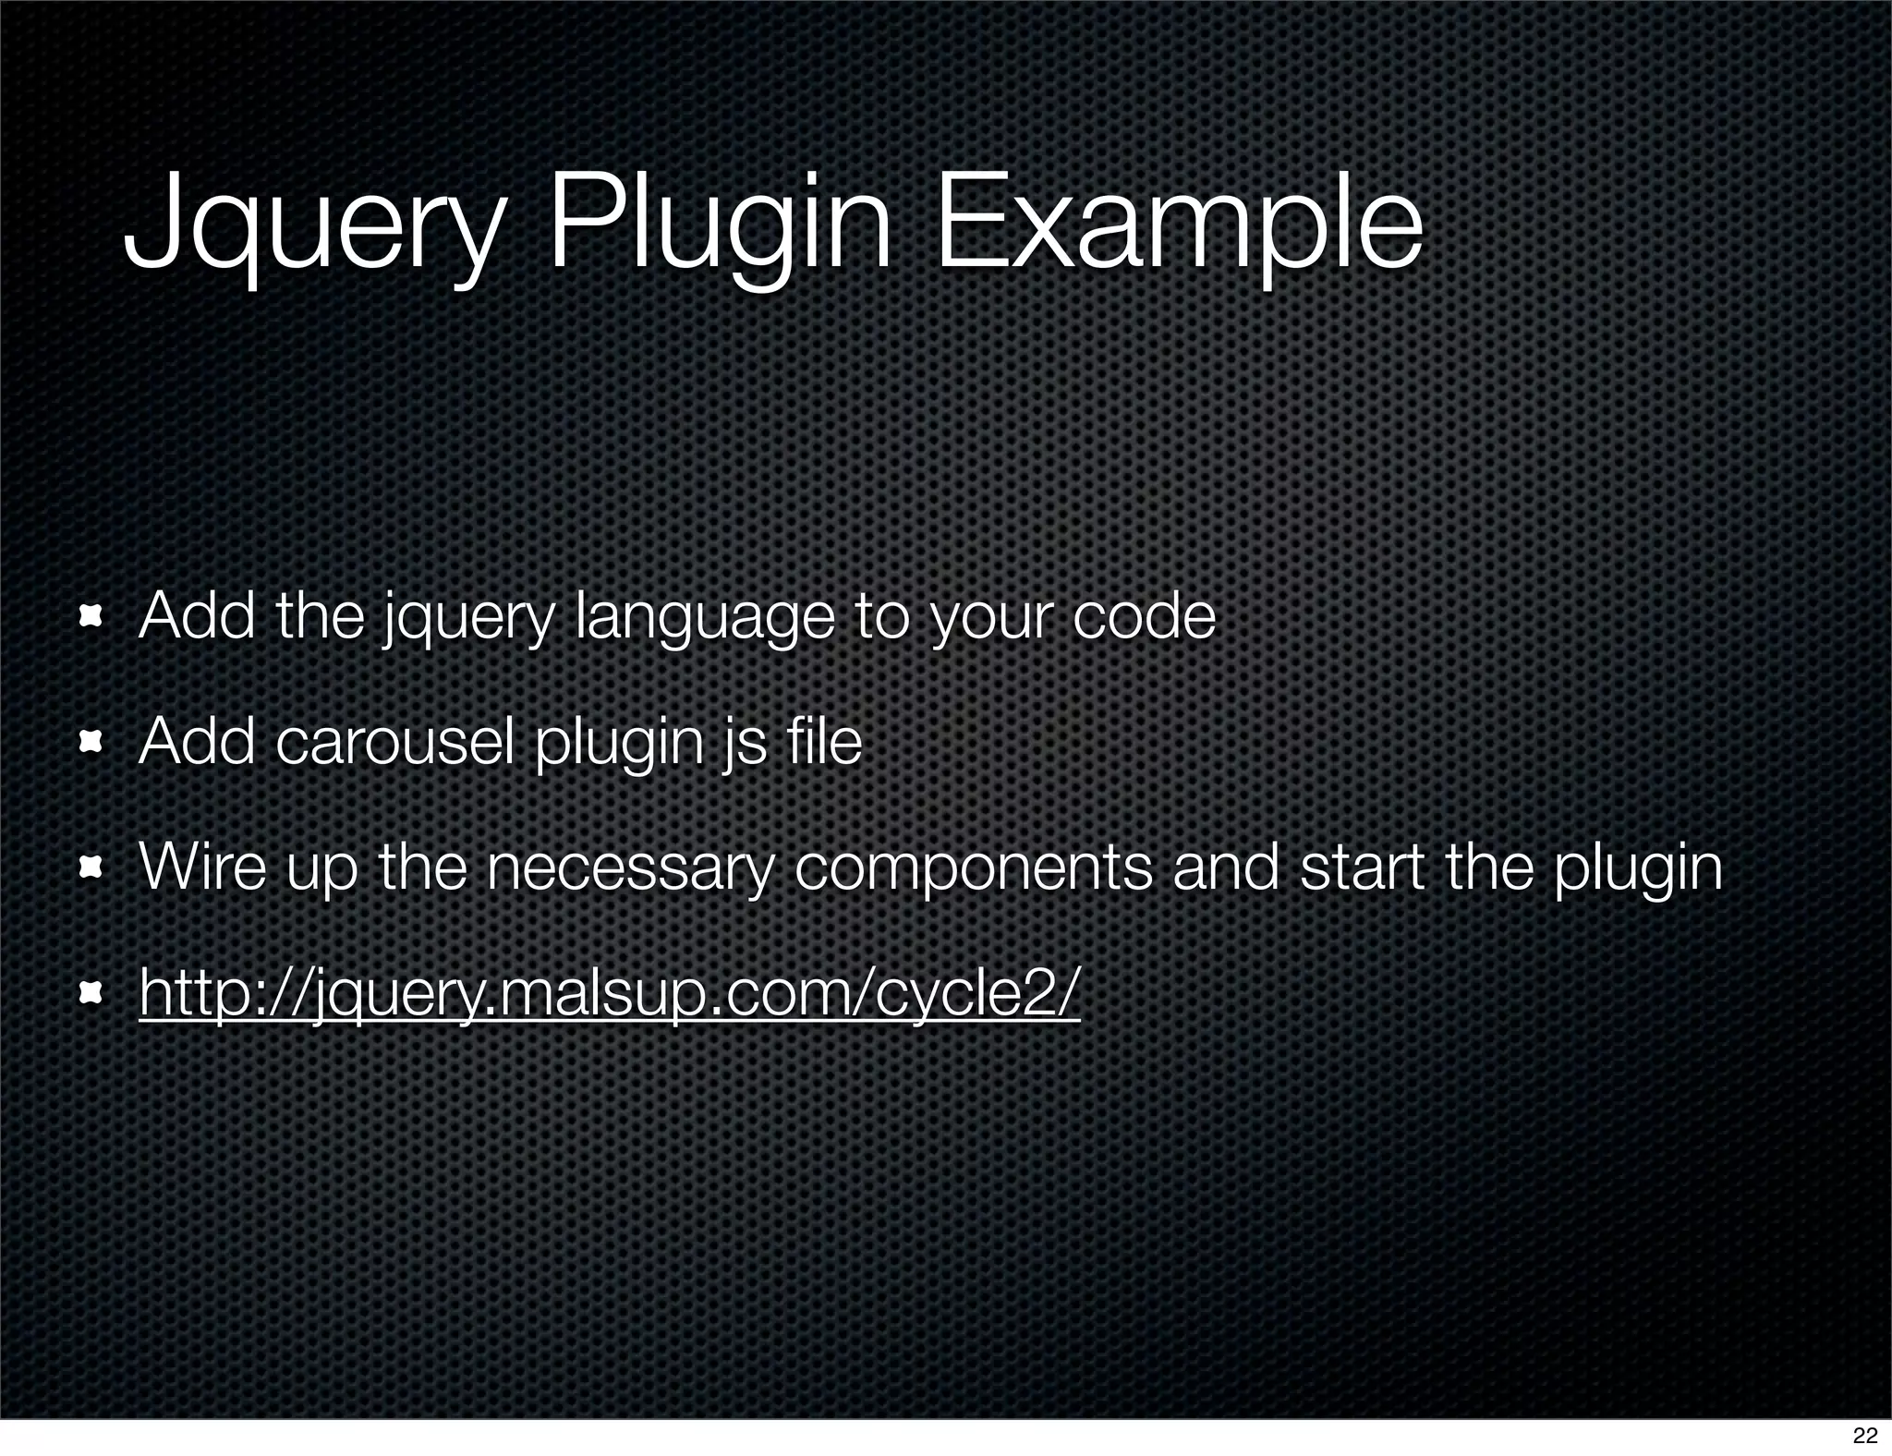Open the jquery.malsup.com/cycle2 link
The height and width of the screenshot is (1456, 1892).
609,993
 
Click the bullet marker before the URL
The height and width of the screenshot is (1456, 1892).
91,994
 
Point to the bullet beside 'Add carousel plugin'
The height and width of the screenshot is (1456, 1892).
91,742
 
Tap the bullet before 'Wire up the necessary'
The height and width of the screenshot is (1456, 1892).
91,868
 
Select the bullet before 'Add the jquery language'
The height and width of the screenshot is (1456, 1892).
91,616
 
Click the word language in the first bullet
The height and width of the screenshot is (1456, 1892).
704,618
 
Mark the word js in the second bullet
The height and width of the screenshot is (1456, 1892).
745,745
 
